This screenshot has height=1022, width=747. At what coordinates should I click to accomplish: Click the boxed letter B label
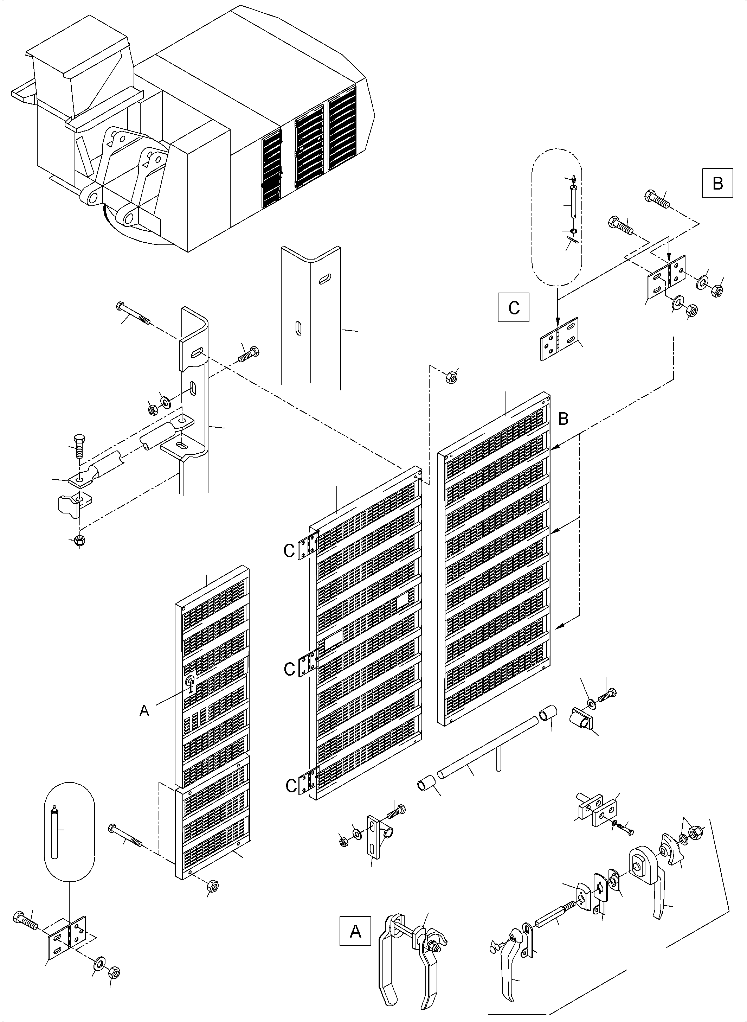(717, 183)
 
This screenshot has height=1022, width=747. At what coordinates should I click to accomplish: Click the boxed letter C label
(513, 308)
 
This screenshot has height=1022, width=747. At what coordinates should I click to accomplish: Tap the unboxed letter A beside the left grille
(144, 711)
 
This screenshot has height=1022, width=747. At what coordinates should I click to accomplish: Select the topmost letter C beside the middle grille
(289, 551)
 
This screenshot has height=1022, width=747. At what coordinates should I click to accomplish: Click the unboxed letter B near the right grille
(563, 419)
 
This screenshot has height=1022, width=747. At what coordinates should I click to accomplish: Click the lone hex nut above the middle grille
(450, 376)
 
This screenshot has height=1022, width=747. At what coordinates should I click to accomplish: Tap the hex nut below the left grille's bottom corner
(213, 886)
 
